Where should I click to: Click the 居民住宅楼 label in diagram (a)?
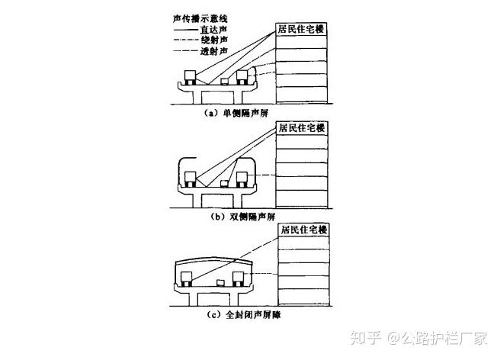[x=300, y=29]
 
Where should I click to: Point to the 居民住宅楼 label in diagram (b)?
[x=301, y=128]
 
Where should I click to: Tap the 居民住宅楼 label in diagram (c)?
[x=303, y=229]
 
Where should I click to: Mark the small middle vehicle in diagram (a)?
[x=224, y=79]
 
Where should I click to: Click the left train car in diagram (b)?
[x=190, y=179]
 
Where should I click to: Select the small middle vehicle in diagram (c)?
[x=221, y=284]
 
